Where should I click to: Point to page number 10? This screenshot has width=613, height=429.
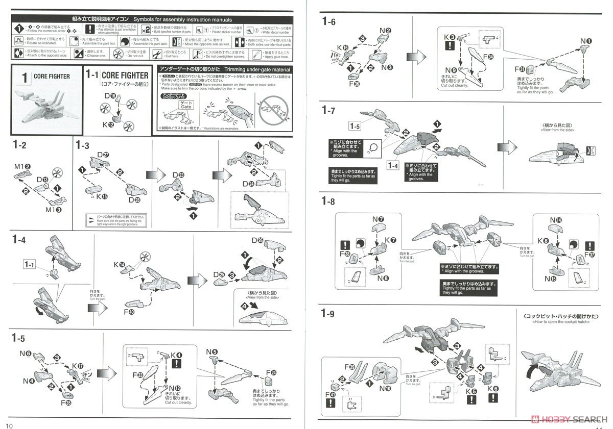[9, 425]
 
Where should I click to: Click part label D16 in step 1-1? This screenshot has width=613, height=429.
[110, 95]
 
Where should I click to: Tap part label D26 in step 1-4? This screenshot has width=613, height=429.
[257, 240]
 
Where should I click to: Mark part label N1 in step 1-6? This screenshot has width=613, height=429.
[586, 41]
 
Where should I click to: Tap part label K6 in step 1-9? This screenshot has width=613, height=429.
[493, 389]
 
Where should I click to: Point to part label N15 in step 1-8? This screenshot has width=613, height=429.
[551, 279]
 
